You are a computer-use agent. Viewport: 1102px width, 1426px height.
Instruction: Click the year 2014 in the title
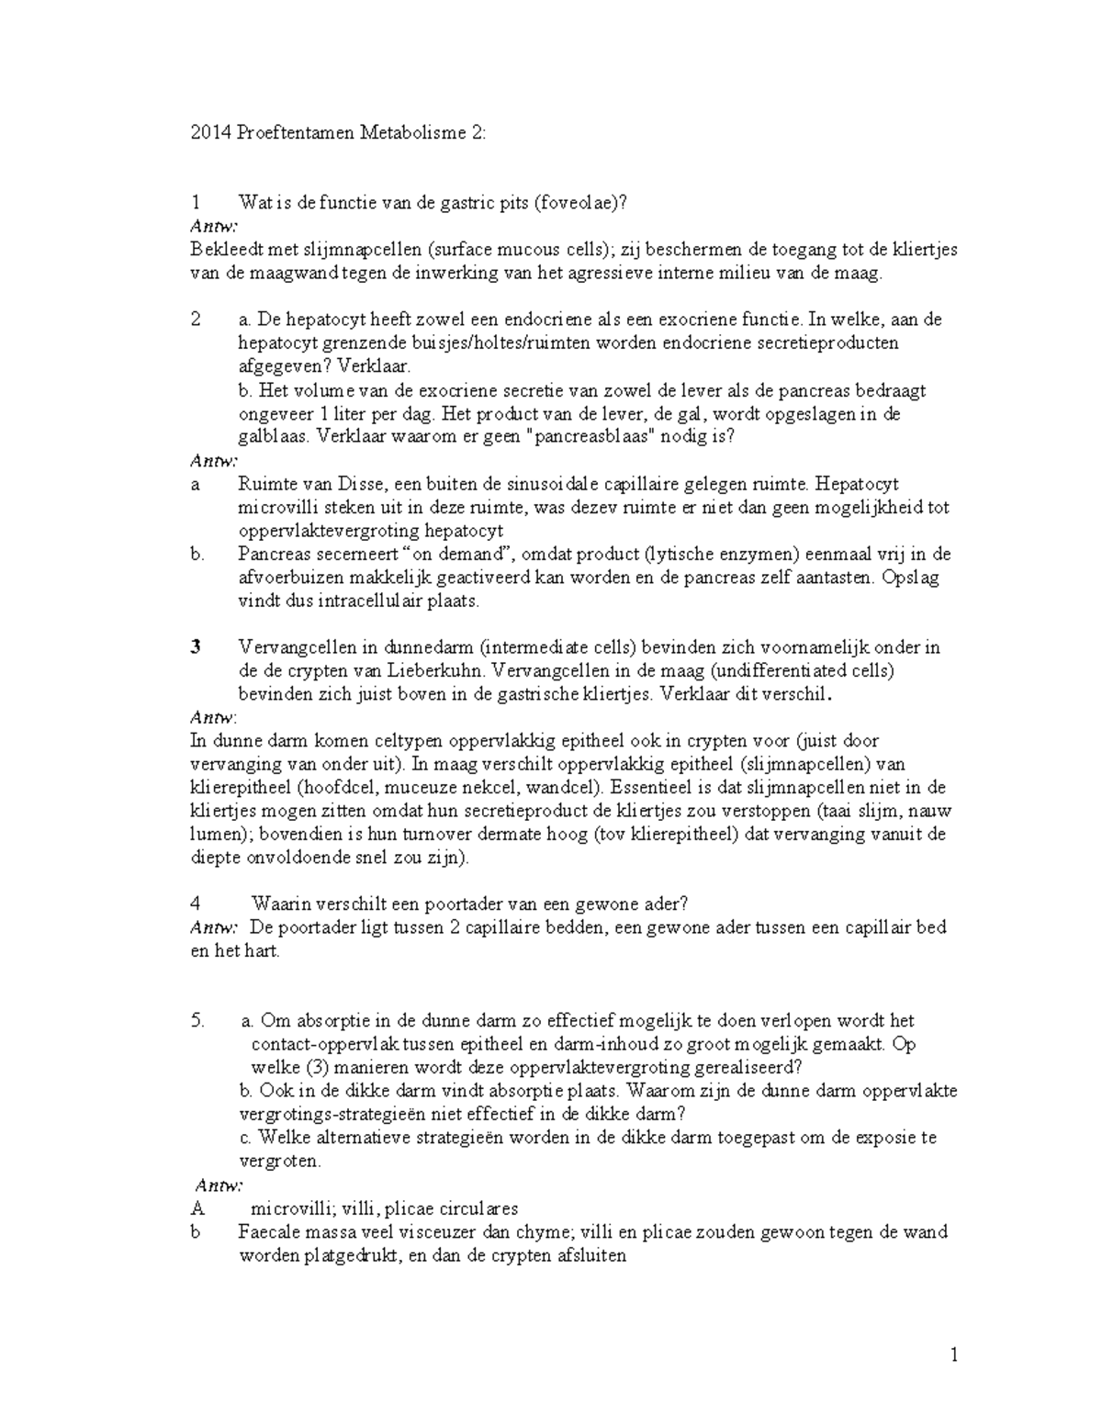pyautogui.click(x=209, y=133)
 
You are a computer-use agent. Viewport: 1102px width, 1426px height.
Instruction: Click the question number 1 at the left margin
pyautogui.click(x=195, y=203)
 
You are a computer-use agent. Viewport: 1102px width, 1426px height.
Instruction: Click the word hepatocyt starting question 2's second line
pyautogui.click(x=274, y=343)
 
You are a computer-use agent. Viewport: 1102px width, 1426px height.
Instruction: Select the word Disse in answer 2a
pyautogui.click(x=354, y=484)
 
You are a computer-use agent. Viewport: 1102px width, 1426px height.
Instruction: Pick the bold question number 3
pyautogui.click(x=196, y=647)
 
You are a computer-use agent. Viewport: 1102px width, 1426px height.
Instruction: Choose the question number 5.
pyautogui.click(x=197, y=1021)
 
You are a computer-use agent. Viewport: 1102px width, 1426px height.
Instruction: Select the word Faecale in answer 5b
pyautogui.click(x=269, y=1232)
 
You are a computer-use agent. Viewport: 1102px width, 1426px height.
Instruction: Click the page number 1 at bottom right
pyautogui.click(x=954, y=1355)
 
